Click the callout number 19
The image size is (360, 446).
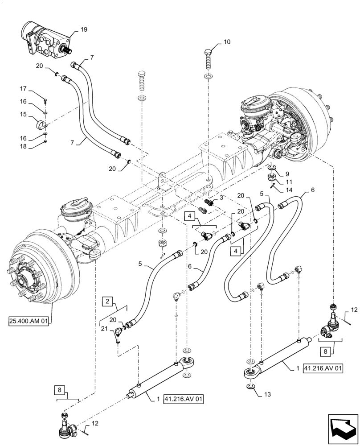(84, 30)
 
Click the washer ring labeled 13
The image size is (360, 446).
(251, 385)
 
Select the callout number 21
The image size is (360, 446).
(104, 329)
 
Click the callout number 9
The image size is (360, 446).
(287, 173)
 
